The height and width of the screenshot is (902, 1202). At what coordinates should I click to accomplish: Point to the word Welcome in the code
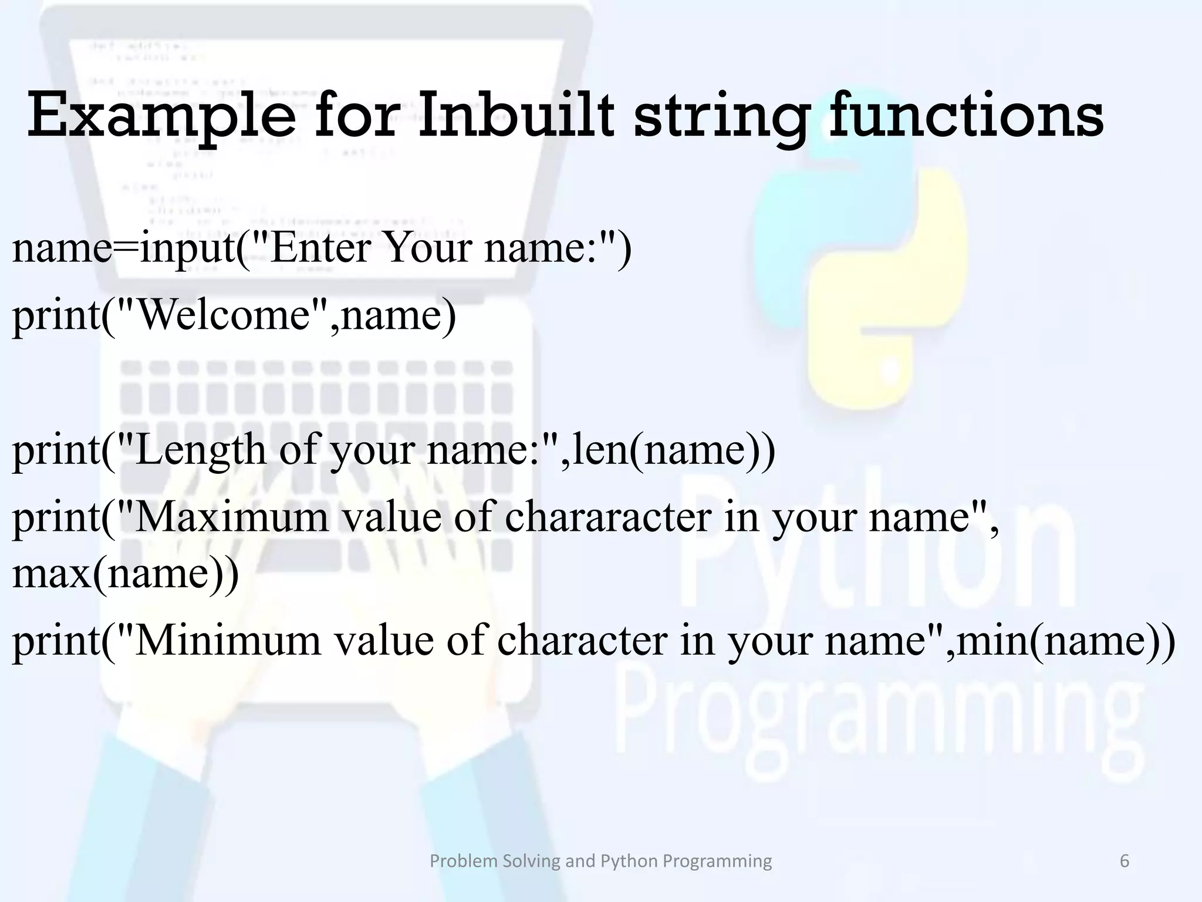[x=223, y=315]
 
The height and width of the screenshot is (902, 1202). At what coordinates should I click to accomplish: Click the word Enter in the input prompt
[x=320, y=247]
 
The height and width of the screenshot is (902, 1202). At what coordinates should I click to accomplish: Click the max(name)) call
[x=125, y=573]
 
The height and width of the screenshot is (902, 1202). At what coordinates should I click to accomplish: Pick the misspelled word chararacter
[x=607, y=517]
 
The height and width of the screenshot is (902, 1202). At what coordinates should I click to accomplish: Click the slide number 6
[x=1125, y=861]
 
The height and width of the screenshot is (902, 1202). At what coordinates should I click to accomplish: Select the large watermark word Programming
[x=880, y=711]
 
